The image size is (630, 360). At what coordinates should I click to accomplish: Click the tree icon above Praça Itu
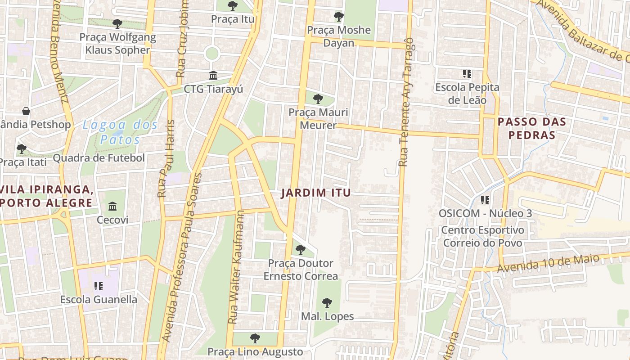[x=233, y=6]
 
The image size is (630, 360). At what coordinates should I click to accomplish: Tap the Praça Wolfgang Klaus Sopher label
[x=117, y=43]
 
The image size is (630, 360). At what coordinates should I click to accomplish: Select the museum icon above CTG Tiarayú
[x=213, y=75]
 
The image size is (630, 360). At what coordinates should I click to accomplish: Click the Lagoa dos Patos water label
[x=120, y=132]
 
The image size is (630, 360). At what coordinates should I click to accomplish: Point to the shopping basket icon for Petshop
[x=27, y=111]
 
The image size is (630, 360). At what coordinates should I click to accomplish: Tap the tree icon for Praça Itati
[x=21, y=148]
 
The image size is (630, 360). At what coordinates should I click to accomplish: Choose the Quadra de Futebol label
[x=99, y=158]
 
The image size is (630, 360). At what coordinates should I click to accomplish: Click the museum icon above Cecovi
[x=112, y=207]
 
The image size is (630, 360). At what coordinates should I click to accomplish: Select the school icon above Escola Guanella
[x=99, y=286]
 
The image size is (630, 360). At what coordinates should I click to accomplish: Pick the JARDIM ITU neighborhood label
[x=316, y=193]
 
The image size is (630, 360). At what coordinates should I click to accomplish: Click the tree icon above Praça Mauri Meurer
[x=318, y=99]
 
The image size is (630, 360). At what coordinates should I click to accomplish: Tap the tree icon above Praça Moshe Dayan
[x=339, y=17]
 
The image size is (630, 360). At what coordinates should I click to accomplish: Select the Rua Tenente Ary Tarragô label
[x=406, y=102]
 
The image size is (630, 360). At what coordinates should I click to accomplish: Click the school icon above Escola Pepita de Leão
[x=467, y=73]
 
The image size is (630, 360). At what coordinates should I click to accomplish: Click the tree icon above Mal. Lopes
[x=327, y=303]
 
